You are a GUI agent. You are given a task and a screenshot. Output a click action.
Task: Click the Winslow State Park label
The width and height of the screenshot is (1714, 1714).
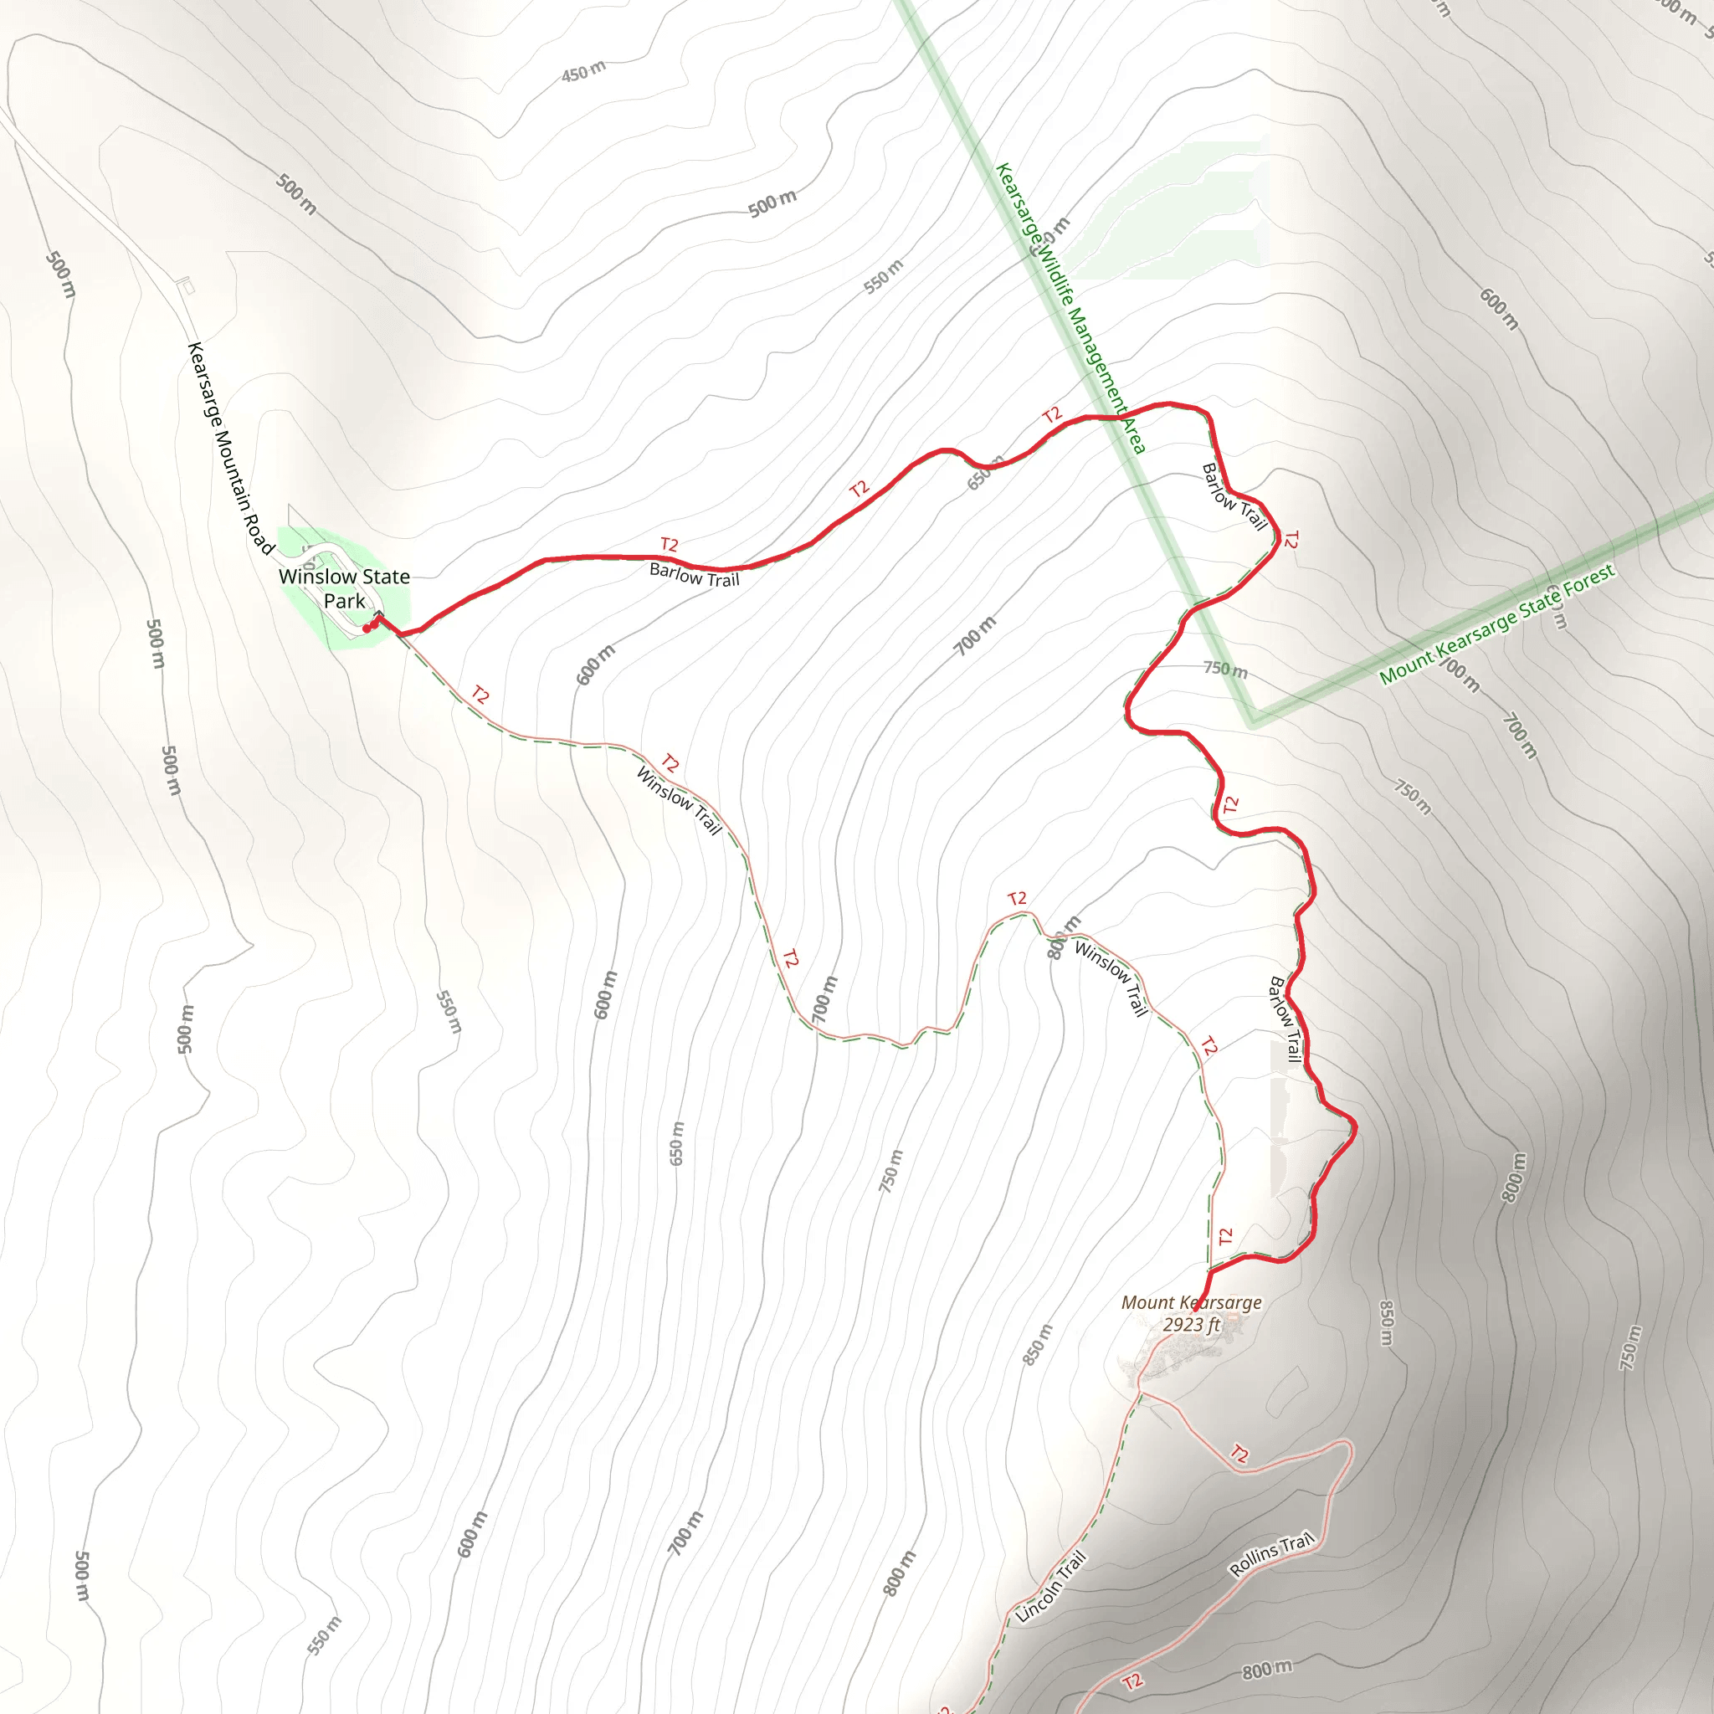pos(344,588)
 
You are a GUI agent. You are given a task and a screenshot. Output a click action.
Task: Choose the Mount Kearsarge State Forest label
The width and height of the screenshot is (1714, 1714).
pos(1496,624)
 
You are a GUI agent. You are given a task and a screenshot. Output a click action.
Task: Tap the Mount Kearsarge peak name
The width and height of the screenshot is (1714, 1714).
pos(1191,1302)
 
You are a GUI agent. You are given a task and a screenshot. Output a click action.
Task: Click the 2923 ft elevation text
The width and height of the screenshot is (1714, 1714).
pos(1191,1325)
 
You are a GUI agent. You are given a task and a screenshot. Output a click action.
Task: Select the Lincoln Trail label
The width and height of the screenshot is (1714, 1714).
pos(1050,1587)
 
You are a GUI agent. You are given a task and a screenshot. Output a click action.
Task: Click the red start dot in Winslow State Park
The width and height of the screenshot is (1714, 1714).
pos(367,629)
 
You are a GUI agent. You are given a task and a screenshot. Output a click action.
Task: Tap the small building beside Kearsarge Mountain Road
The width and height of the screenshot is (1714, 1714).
pos(187,285)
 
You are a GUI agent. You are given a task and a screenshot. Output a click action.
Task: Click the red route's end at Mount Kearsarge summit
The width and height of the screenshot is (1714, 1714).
pos(1197,1309)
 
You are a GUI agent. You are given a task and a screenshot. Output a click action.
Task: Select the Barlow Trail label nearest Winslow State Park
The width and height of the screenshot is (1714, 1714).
pos(694,575)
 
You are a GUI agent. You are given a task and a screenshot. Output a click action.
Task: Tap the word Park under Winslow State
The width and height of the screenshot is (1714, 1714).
pos(344,601)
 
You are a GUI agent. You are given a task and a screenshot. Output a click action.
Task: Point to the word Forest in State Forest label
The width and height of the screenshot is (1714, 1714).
pos(1588,582)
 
